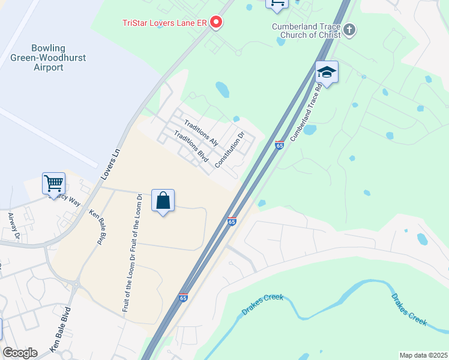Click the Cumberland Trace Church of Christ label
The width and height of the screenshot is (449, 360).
pos(306,31)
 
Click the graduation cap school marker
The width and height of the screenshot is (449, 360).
pos(327,73)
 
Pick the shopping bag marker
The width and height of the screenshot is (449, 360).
pos(163,201)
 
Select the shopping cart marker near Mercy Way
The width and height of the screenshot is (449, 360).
pos(53,182)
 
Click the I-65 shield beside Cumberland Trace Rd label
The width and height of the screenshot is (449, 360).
pos(279,145)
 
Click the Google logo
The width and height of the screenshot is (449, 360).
pos(20,353)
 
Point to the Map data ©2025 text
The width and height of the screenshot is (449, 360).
pos(423,355)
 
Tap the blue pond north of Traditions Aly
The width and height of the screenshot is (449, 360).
pos(222,89)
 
